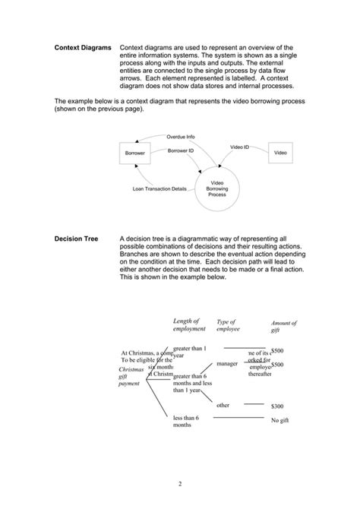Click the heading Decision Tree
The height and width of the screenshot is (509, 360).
77,238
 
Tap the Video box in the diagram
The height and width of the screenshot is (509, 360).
280,153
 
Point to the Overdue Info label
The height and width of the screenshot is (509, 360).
181,137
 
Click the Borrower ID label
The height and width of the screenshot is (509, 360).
181,151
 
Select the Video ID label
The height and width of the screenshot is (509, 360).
239,146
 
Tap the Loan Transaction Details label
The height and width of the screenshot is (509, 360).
159,188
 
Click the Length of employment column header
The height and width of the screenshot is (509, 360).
189,324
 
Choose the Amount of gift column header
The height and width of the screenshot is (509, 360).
283,327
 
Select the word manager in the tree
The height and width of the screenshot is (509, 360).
227,364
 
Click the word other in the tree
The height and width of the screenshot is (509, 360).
223,405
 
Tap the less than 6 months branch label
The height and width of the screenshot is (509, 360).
186,422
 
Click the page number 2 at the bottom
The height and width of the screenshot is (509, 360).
180,484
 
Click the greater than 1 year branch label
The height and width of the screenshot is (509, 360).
189,350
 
